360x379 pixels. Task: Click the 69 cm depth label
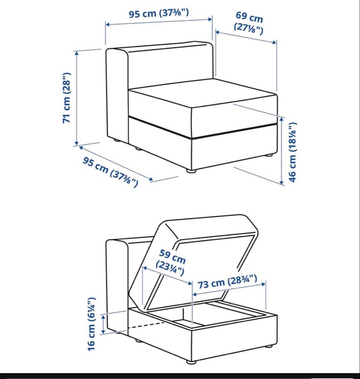point(249,23)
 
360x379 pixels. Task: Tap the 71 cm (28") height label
point(66,98)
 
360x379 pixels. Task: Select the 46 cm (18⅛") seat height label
point(292,152)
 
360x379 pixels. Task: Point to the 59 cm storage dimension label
point(171,262)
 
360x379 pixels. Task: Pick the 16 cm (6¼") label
point(91,324)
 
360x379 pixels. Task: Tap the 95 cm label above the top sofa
point(159,13)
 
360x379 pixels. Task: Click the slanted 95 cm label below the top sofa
point(110,171)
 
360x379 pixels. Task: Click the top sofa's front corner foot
point(191,171)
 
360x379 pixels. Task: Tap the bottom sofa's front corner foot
point(191,362)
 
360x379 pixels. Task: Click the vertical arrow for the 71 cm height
point(77,98)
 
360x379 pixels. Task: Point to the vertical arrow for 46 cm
point(281,151)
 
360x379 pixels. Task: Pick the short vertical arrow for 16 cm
point(103,324)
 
